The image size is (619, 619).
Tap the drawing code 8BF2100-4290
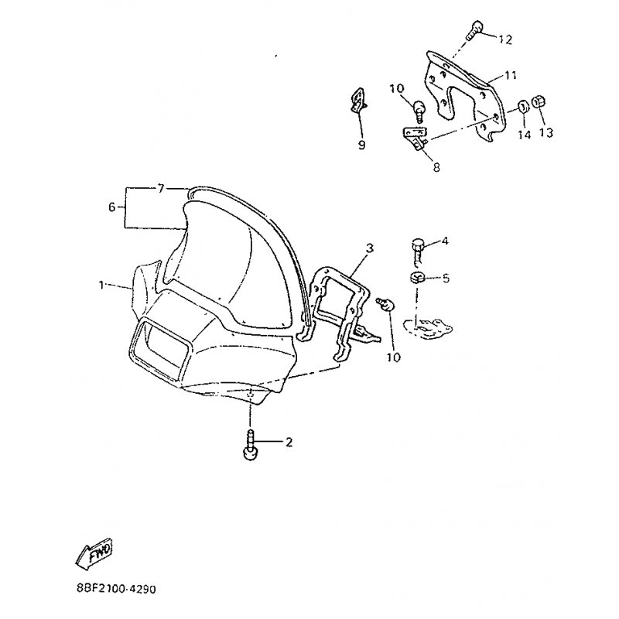pos(116,590)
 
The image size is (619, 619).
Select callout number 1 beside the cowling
pos(101,285)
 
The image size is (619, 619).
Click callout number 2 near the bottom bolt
pos(289,443)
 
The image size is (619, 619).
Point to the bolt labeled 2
pos(250,444)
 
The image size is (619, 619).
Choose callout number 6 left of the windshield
pos(112,207)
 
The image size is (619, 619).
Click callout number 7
pos(160,189)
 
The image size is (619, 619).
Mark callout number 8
pos(436,167)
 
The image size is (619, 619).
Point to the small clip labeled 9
pos(358,100)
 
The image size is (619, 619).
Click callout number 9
pos(361,145)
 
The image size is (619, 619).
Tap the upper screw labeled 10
pos(419,110)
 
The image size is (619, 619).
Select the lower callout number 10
pos(394,357)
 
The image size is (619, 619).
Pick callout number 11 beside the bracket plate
pos(511,75)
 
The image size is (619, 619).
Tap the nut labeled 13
pos(539,103)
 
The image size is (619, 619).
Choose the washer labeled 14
pos(524,106)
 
